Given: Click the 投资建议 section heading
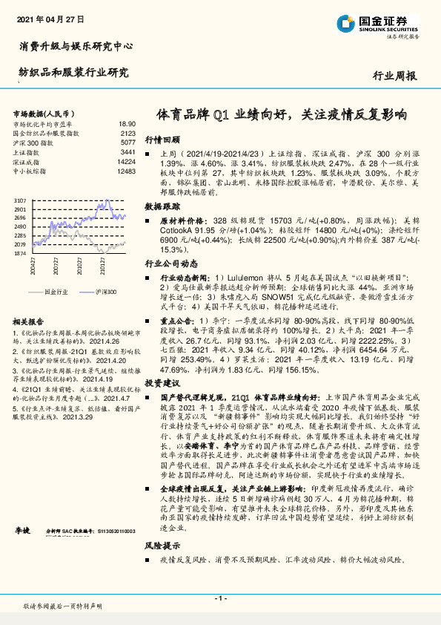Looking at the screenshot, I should (x=162, y=382).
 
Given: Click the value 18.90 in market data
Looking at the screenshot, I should (x=126, y=124).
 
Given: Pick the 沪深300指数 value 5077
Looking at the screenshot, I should (x=127, y=142).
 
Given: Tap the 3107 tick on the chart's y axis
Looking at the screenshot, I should (x=21, y=201).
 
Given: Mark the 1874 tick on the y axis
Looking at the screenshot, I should (x=21, y=253).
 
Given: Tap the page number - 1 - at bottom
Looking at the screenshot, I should (x=220, y=598).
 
